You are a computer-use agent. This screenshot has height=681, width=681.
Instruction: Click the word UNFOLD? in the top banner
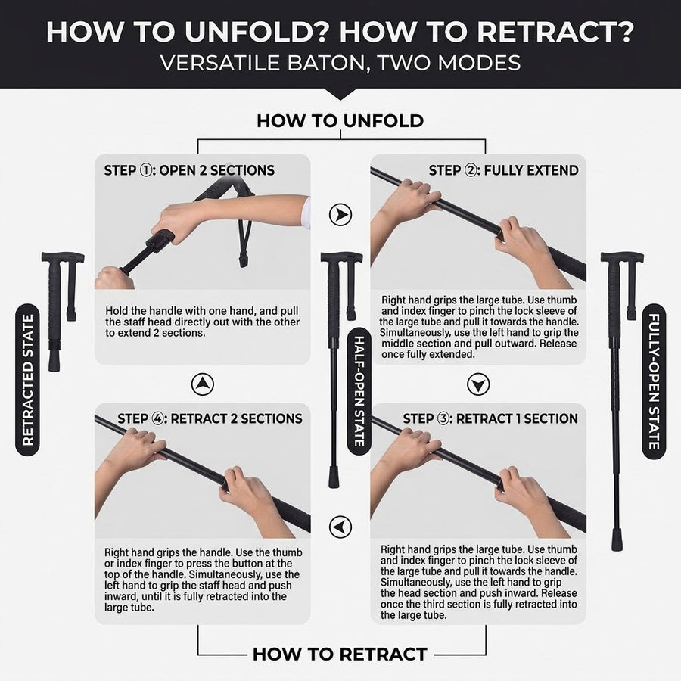click(x=256, y=31)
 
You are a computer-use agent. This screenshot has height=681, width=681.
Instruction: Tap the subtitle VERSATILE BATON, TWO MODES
click(x=340, y=63)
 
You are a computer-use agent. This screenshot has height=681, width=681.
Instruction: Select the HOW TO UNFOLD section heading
click(x=340, y=121)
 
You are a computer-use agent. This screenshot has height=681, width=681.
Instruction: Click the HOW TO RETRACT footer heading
click(x=340, y=654)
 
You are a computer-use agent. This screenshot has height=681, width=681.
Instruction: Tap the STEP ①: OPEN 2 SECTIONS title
click(x=189, y=170)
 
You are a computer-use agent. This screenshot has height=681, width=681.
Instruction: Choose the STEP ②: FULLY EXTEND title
click(x=503, y=170)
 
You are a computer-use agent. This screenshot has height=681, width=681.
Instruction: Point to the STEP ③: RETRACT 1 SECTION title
click(x=490, y=418)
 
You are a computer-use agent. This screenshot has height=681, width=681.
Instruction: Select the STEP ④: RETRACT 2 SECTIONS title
click(x=210, y=418)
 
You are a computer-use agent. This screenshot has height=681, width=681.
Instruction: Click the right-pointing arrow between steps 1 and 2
click(x=340, y=215)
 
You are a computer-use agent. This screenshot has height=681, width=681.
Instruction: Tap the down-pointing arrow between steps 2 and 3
click(x=478, y=384)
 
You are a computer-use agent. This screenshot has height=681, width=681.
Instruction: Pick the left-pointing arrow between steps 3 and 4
click(x=340, y=527)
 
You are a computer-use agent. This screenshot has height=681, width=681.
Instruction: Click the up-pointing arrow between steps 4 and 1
click(x=202, y=384)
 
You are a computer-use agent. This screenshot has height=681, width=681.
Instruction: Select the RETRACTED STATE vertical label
click(x=28, y=380)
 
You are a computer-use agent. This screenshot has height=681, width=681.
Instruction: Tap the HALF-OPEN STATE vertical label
click(x=359, y=391)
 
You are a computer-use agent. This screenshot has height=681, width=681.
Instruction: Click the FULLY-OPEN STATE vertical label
click(x=654, y=381)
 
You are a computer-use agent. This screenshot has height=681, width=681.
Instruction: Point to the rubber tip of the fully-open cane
click(x=616, y=540)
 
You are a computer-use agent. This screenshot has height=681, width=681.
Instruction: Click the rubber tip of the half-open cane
click(x=334, y=477)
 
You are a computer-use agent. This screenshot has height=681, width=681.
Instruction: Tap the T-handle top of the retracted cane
click(x=63, y=257)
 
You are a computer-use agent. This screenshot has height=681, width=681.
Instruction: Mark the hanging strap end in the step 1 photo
click(x=243, y=260)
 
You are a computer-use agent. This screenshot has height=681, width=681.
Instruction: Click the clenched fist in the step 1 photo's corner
click(x=113, y=279)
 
